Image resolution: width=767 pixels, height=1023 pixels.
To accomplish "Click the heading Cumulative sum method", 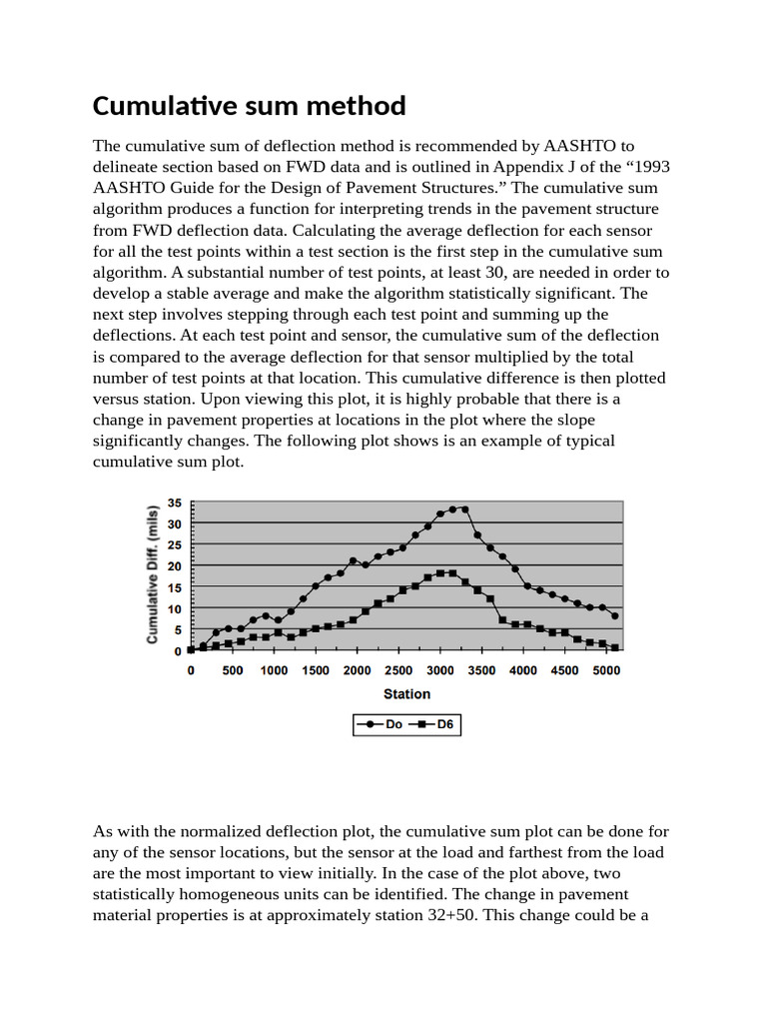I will click(x=249, y=106).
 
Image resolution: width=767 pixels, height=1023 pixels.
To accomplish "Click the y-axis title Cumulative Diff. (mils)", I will click(x=154, y=572).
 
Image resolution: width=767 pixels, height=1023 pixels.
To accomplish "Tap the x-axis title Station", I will click(x=406, y=693).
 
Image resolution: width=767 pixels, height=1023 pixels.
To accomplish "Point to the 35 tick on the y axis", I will click(x=175, y=503).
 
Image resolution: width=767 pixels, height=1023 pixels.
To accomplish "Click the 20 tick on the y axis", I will click(x=175, y=566).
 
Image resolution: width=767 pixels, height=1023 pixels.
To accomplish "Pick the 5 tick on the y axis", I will click(x=178, y=630).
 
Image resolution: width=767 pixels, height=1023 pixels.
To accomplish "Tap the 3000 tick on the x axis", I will click(x=440, y=671).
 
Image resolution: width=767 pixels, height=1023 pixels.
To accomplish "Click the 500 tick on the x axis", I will click(x=233, y=671).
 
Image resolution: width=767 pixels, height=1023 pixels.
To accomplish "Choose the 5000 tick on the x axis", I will click(x=606, y=671).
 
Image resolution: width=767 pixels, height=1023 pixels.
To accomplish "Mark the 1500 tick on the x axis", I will click(x=316, y=671).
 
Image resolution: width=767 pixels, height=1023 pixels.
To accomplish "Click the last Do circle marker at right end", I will click(x=615, y=615).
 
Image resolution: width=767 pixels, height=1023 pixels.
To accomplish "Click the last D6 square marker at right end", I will click(x=615, y=647).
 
